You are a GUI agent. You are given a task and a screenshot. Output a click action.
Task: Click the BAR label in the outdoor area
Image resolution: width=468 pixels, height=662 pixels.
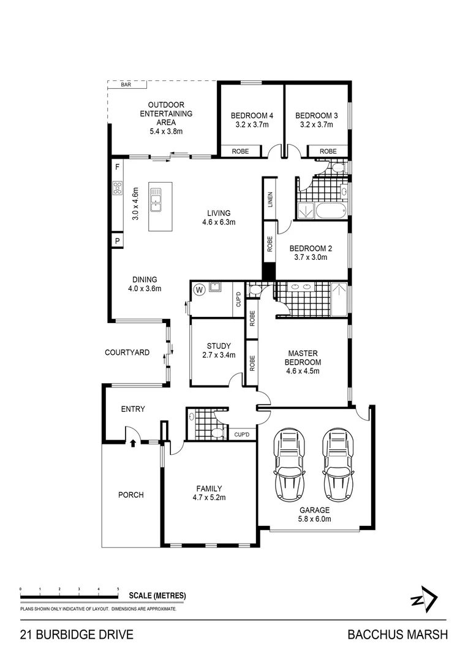click(126, 85)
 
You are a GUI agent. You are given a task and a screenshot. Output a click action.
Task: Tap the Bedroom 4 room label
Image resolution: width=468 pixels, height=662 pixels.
click(252, 116)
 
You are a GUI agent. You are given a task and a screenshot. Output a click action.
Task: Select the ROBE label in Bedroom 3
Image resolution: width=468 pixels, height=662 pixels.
click(328, 151)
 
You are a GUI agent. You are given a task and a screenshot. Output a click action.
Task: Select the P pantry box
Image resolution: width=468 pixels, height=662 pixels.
click(117, 242)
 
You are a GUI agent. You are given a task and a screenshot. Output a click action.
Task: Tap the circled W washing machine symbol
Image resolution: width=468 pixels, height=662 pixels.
click(199, 289)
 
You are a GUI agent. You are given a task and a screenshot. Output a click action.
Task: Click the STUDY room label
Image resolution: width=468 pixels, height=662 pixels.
click(218, 346)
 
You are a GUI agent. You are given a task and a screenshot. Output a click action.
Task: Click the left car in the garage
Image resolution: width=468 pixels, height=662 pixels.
click(290, 463)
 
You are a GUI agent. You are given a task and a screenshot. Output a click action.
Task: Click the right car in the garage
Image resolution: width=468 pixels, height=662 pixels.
click(338, 463)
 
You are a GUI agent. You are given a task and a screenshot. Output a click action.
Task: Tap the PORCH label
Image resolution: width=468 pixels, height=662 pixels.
click(130, 495)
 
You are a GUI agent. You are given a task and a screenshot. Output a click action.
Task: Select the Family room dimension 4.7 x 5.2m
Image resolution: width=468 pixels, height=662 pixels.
click(209, 497)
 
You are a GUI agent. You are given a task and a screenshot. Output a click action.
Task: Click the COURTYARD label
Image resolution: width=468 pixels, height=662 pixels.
click(127, 352)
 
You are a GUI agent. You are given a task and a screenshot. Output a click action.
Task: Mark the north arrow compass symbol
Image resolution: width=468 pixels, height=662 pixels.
click(424, 599)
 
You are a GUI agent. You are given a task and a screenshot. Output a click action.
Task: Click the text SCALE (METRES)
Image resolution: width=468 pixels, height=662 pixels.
click(157, 596)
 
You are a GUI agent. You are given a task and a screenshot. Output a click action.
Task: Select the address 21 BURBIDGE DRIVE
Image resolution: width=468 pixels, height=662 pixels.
click(77, 635)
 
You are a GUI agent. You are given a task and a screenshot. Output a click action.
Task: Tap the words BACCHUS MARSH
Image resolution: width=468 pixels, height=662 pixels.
click(398, 635)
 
